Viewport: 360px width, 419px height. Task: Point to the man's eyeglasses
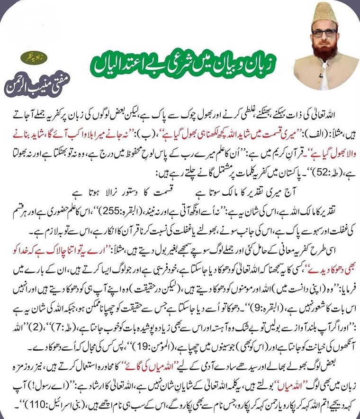pos(324,33)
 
